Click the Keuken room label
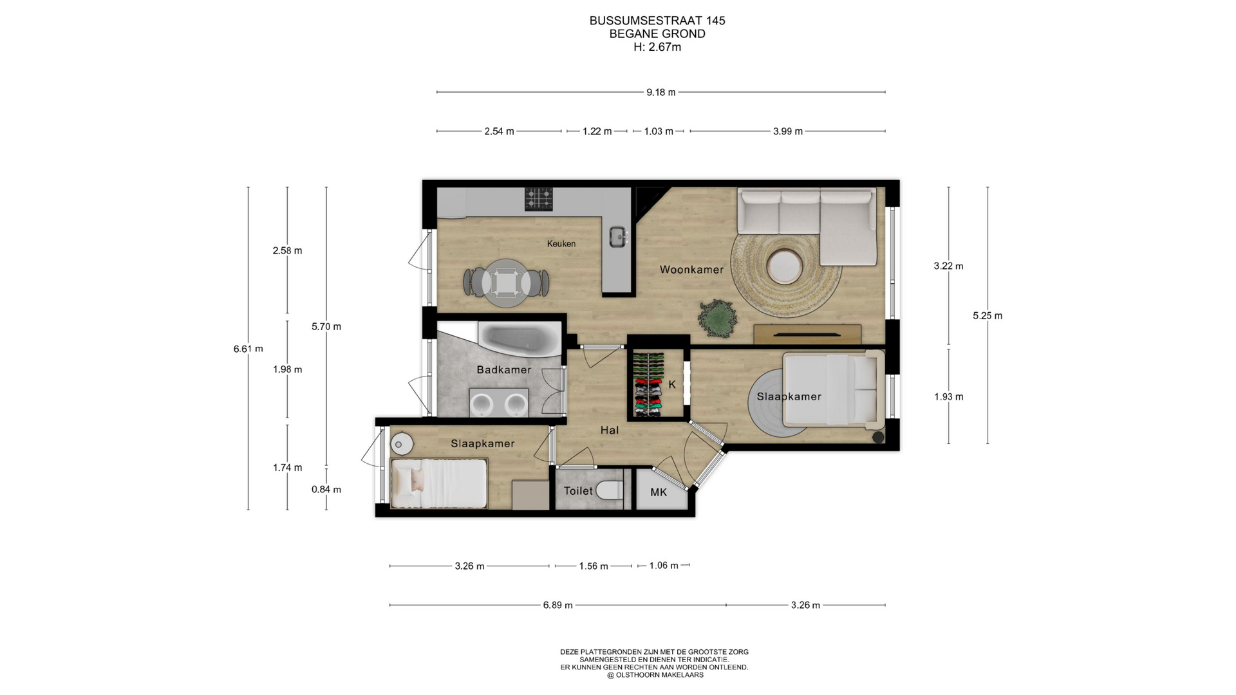coord(561,244)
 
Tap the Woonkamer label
coord(691,270)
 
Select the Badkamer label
coord(503,369)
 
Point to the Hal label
coord(609,430)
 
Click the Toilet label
coord(578,491)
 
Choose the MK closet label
coord(659,492)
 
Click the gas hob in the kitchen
coord(538,199)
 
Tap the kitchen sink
coord(619,237)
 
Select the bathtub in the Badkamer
coord(520,338)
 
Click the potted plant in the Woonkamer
coord(716,318)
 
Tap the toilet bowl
coord(609,491)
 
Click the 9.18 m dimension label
coord(661,92)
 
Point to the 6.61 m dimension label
coord(248,349)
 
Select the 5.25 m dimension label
coord(988,315)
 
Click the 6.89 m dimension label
coord(557,605)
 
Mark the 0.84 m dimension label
coord(326,489)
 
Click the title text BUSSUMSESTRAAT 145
coord(657,21)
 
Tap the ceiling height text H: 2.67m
coord(657,47)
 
